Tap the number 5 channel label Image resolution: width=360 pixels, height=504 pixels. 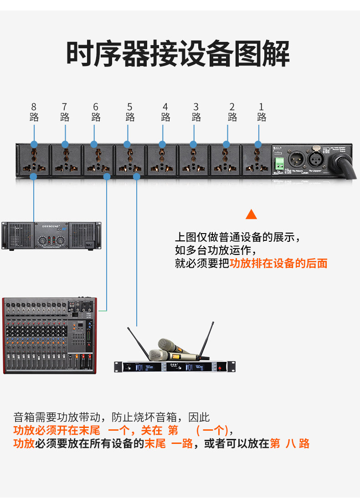pyautogui.click(x=130, y=107)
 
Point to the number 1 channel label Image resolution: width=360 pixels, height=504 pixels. pyautogui.click(x=261, y=107)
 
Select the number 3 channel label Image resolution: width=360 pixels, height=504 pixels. pyautogui.click(x=196, y=107)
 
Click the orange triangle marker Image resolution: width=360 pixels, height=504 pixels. pyautogui.click(x=251, y=214)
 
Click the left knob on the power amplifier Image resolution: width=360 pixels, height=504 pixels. pyautogui.click(x=42, y=240)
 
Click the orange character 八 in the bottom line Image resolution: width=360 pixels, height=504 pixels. pyautogui.click(x=290, y=443)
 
